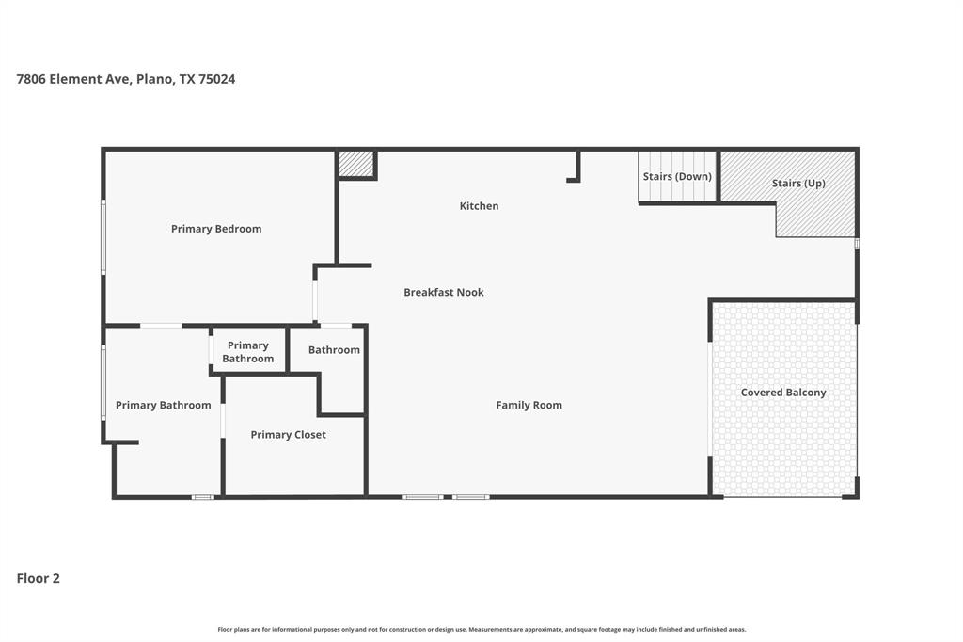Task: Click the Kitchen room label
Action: pyautogui.click(x=479, y=206)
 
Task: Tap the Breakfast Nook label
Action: pyautogui.click(x=444, y=292)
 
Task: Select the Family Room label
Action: pyautogui.click(x=529, y=405)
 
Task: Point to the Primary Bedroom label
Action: pyautogui.click(x=216, y=229)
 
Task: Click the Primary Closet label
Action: pyautogui.click(x=288, y=435)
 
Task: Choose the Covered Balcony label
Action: pyautogui.click(x=783, y=393)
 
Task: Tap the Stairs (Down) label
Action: pyautogui.click(x=677, y=177)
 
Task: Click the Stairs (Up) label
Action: pyautogui.click(x=798, y=183)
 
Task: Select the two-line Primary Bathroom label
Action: pyautogui.click(x=248, y=352)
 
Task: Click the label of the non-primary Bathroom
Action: pyautogui.click(x=334, y=350)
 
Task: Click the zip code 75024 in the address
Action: pyautogui.click(x=217, y=79)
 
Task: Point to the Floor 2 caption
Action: pyautogui.click(x=39, y=578)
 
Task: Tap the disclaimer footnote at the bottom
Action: pyautogui.click(x=481, y=629)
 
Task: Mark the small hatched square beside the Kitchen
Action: pyautogui.click(x=356, y=164)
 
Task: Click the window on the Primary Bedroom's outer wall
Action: pyautogui.click(x=103, y=236)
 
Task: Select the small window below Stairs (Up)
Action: pyautogui.click(x=857, y=244)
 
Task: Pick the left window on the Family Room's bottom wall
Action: pyautogui.click(x=422, y=496)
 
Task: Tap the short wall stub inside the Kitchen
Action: pyautogui.click(x=576, y=169)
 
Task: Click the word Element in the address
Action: pyautogui.click(x=77, y=79)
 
